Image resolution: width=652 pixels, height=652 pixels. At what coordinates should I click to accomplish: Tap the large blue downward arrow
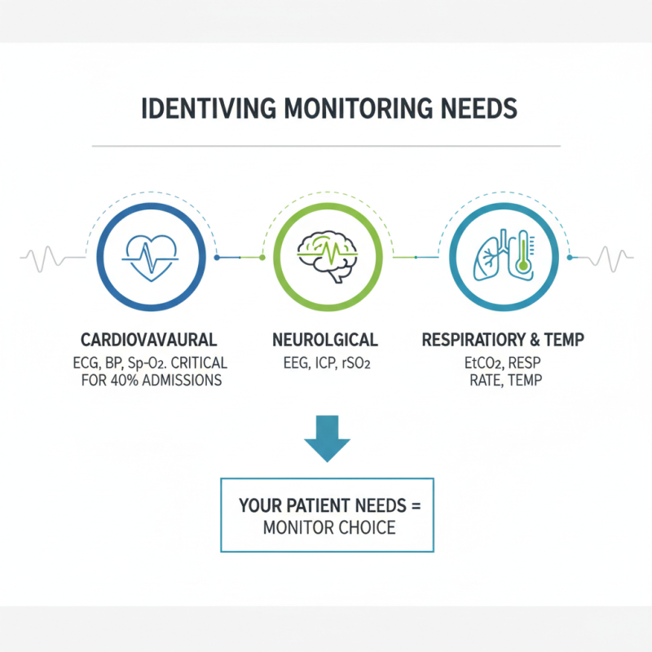(327, 441)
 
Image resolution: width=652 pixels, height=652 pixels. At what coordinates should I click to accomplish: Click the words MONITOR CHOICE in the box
(329, 527)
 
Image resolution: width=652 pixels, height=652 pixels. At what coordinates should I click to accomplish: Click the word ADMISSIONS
(183, 381)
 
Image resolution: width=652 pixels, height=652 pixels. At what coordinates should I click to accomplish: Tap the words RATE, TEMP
(505, 381)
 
